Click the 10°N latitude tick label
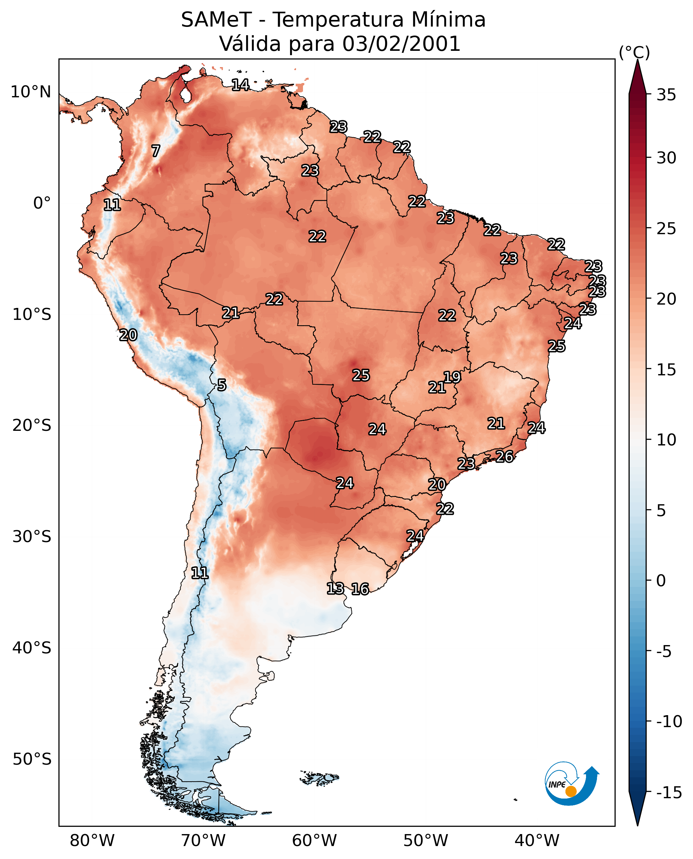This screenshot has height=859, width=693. pos(31,92)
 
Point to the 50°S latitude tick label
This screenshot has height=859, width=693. pos(32,759)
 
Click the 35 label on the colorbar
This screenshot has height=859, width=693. pos(666,95)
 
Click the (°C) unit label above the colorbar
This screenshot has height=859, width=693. pos(634,53)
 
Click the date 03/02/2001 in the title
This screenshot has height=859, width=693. pos(401,44)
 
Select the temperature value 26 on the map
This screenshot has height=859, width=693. pos(505,456)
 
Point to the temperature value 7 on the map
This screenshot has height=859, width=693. pos(156,151)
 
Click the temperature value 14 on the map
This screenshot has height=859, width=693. pos(240,85)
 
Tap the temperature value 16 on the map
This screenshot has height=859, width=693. pos(360,589)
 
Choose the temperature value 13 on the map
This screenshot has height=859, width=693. pos(335,588)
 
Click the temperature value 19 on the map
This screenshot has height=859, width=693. pos(452,377)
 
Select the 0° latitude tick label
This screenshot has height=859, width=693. pos(42,203)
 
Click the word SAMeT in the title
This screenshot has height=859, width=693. pos(216,20)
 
